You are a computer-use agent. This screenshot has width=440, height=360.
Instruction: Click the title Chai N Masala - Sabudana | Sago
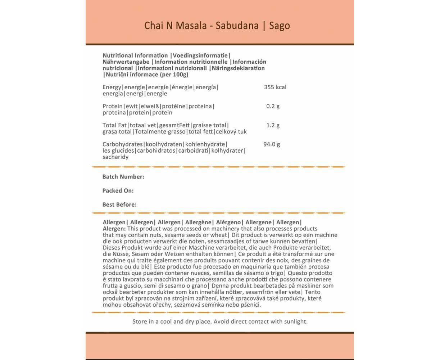[217, 26]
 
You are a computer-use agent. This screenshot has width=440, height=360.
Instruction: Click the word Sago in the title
[280, 26]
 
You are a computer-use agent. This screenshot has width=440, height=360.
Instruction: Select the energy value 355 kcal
[275, 87]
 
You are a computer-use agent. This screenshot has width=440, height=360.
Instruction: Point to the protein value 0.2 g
[273, 106]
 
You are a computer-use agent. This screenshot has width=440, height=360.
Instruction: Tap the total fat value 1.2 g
[273, 125]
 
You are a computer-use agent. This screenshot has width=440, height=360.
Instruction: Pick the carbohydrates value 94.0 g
[272, 144]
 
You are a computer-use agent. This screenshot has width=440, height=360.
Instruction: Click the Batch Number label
[123, 177]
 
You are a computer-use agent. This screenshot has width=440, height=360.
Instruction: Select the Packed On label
[118, 191]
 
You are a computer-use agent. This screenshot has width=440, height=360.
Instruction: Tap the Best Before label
[119, 205]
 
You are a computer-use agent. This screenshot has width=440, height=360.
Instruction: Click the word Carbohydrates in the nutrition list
[122, 144]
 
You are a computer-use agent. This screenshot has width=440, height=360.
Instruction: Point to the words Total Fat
[114, 125]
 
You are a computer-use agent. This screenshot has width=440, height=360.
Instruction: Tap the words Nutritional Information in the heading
[135, 55]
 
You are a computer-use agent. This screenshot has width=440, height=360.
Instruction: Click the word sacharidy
[115, 157]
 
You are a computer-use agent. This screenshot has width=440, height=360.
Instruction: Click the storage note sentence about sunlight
[220, 321]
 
